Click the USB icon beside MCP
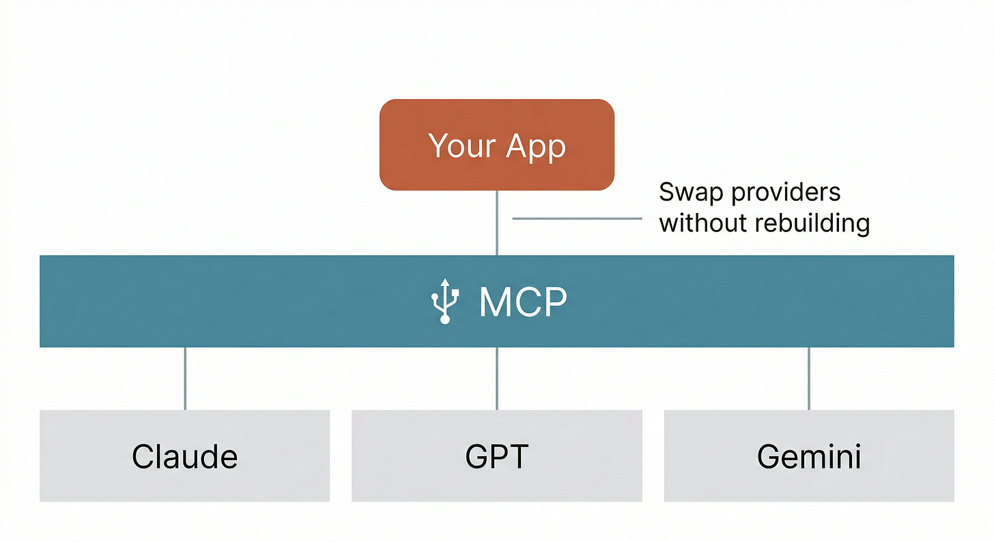pos(445,301)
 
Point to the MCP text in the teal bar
pos(523,302)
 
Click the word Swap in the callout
pos(691,193)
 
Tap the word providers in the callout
pos(786,193)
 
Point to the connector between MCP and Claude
pos(185,378)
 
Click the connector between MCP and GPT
pos(496,378)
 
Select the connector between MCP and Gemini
pos(809,378)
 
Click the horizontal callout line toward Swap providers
pos(577,218)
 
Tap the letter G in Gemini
pos(769,456)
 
